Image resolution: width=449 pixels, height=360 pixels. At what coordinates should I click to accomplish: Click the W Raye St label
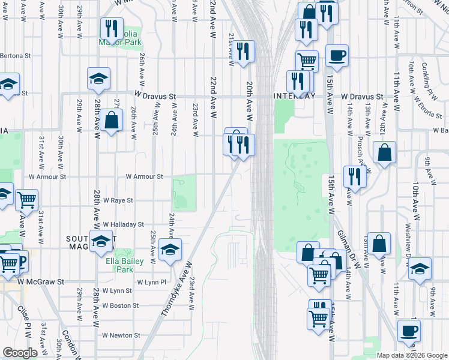pyautogui.click(x=118, y=200)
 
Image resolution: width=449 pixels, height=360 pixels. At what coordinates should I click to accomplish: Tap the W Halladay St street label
pyautogui.click(x=123, y=224)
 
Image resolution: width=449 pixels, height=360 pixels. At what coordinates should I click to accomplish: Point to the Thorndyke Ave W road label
pyautogui.click(x=175, y=289)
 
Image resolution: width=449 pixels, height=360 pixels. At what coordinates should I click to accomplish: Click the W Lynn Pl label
pyautogui.click(x=151, y=281)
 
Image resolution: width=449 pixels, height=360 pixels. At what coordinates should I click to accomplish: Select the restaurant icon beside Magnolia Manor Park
pyautogui.click(x=111, y=29)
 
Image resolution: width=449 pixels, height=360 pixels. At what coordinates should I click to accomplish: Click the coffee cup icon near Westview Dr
pyautogui.click(x=409, y=330)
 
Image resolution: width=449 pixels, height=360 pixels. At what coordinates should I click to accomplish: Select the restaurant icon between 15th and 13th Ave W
pyautogui.click(x=354, y=176)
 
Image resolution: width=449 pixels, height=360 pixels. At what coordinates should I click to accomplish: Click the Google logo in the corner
pyautogui.click(x=20, y=353)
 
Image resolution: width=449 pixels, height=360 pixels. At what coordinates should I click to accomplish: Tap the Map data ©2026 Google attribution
pyautogui.click(x=412, y=355)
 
